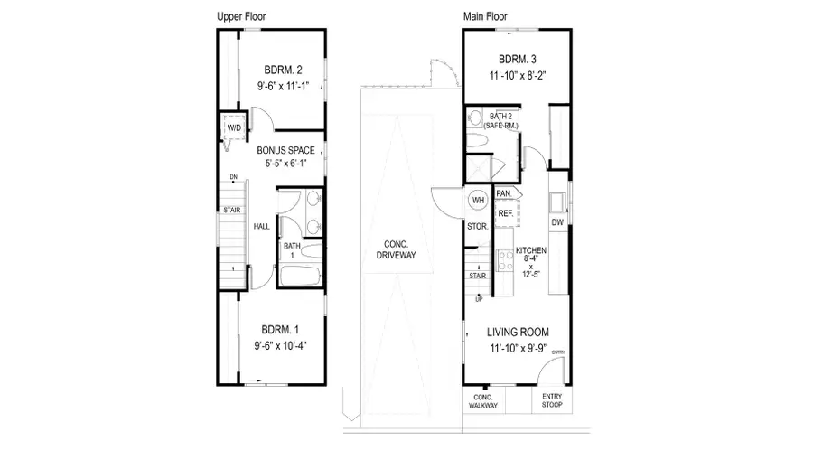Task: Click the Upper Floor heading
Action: (242, 16)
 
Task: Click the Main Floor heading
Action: (486, 16)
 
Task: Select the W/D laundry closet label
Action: (234, 129)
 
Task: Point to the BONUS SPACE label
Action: (285, 150)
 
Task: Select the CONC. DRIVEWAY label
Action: (396, 249)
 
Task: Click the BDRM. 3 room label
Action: (519, 61)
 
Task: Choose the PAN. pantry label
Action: (504, 193)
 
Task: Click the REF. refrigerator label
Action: (506, 213)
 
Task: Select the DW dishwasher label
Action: (557, 221)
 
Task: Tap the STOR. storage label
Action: (477, 226)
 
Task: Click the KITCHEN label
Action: (531, 251)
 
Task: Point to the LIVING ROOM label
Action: (519, 332)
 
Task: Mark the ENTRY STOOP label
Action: (552, 401)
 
